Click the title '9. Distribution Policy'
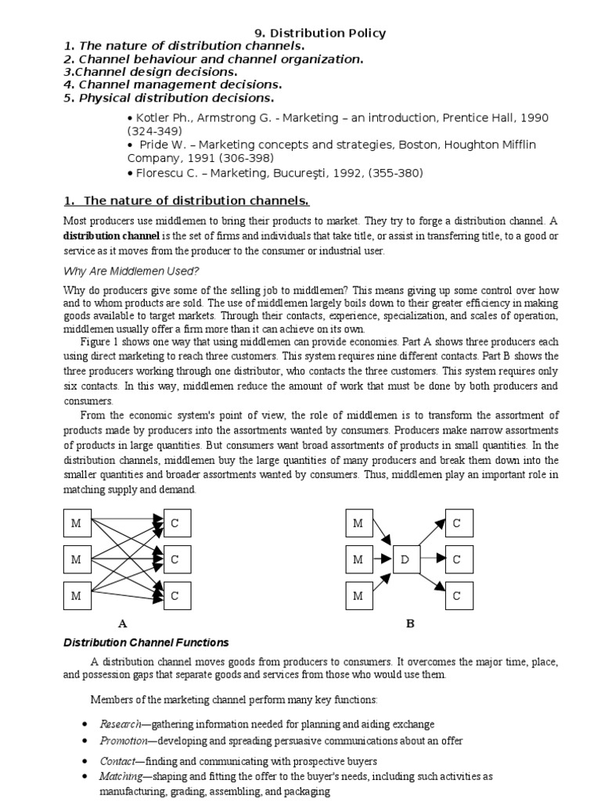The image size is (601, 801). tap(321, 33)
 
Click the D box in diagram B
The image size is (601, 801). tap(405, 559)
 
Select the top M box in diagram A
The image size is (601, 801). tap(76, 523)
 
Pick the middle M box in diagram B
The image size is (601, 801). tap(358, 559)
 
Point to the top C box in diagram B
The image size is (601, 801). tap(457, 523)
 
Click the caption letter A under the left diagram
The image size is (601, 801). tap(122, 623)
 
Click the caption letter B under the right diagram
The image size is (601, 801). tap(409, 623)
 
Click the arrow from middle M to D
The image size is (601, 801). tap(383, 559)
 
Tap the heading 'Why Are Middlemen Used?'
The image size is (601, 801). tap(131, 271)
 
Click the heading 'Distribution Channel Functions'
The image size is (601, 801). tap(146, 642)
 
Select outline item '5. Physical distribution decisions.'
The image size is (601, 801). tap(169, 98)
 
